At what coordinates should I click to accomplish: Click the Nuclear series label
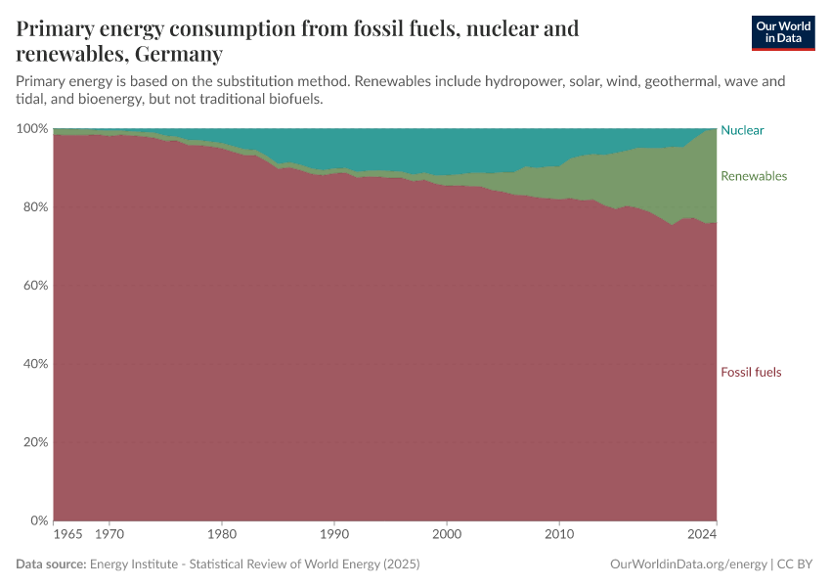(742, 130)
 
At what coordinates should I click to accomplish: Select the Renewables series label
(753, 176)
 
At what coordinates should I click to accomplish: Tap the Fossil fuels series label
(751, 372)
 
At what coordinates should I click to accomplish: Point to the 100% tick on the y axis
(31, 129)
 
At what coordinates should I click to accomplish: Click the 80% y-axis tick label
(34, 207)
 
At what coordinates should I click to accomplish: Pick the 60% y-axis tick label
(34, 286)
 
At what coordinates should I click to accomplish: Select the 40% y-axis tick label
(34, 364)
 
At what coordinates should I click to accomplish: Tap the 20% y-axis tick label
(34, 442)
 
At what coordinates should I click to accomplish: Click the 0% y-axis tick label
(38, 520)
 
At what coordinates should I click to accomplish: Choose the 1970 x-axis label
(109, 536)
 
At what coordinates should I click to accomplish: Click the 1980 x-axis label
(222, 536)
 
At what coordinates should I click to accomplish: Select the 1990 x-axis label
(334, 536)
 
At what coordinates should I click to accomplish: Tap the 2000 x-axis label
(447, 536)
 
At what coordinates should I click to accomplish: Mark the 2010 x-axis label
(559, 536)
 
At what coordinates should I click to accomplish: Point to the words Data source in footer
(51, 564)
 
